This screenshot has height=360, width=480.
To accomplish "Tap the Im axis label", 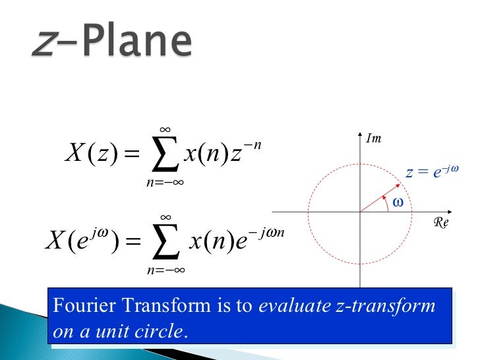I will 375,138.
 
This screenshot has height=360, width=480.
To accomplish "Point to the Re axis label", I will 440,224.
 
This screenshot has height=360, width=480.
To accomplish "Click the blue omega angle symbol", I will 397,203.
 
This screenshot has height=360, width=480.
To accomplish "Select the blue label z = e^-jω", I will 431,173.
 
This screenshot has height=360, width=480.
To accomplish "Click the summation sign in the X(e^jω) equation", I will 165,243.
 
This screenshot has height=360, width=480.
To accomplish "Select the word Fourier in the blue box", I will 78,306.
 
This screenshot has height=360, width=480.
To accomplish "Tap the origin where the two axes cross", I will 360,212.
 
